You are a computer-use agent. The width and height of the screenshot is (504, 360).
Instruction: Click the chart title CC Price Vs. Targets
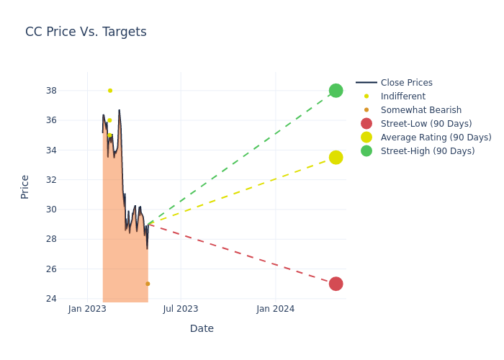point(86,32)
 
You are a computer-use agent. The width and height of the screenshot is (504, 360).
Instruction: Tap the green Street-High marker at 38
point(336,91)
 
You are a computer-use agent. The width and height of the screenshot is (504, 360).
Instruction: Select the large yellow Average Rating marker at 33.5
point(336,157)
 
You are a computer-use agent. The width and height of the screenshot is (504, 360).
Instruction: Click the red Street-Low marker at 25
point(336,284)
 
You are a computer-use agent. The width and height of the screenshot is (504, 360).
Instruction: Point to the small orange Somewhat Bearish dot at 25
point(148,284)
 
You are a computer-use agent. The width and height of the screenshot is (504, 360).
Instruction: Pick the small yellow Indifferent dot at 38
point(110,91)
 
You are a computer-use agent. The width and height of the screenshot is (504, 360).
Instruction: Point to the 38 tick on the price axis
point(51,91)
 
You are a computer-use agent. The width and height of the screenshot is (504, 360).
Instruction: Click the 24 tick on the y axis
point(51,299)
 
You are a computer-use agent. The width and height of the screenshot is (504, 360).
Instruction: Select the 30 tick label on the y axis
point(51,210)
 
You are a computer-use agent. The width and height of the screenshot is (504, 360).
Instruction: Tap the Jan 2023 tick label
point(87,309)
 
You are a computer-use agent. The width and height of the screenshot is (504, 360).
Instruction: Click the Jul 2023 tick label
point(181,309)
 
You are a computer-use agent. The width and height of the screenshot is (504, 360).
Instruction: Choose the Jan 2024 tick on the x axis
point(275,309)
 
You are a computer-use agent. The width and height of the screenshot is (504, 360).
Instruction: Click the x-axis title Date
point(202,328)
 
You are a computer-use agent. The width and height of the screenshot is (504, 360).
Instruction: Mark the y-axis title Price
point(25,186)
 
